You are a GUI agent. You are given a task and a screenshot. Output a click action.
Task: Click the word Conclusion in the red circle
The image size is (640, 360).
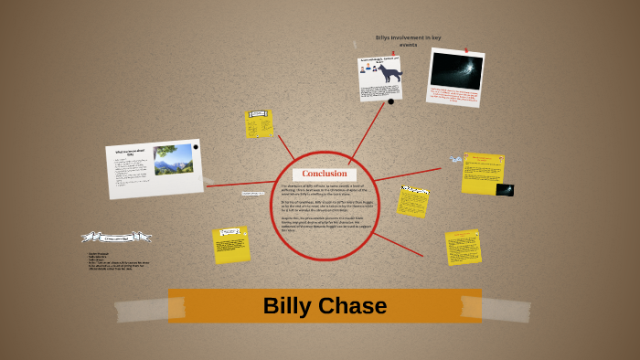tap(325, 174)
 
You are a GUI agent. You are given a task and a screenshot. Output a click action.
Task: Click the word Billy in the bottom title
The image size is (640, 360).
tap(286, 305)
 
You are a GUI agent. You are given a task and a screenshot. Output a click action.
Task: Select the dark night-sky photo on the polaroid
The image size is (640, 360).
tap(456, 71)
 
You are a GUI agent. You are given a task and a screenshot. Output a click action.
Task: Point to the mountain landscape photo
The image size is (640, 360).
tap(173, 158)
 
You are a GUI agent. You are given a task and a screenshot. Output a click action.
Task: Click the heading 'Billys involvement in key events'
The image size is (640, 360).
tap(408, 41)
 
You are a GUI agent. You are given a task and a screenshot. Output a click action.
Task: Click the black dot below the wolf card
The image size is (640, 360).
tap(390, 101)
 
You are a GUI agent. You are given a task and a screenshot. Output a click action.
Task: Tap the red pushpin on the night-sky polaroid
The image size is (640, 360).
tap(465, 50)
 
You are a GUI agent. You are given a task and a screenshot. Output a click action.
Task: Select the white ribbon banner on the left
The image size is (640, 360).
tap(116, 238)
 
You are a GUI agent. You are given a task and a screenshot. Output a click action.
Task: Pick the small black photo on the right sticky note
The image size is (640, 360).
tap(505, 189)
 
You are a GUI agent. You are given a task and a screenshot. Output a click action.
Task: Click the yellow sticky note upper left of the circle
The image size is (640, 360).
tap(259, 123)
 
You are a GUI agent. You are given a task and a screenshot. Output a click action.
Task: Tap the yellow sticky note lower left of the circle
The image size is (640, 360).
tap(230, 244)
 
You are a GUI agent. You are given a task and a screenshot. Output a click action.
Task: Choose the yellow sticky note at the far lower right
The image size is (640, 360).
tap(463, 247)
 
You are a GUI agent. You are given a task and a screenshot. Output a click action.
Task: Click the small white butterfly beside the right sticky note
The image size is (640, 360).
tap(456, 160)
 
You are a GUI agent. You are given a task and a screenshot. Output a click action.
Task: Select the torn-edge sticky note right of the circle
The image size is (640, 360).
tap(413, 202)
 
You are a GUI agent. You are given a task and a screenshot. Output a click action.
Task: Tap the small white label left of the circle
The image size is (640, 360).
tap(253, 194)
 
